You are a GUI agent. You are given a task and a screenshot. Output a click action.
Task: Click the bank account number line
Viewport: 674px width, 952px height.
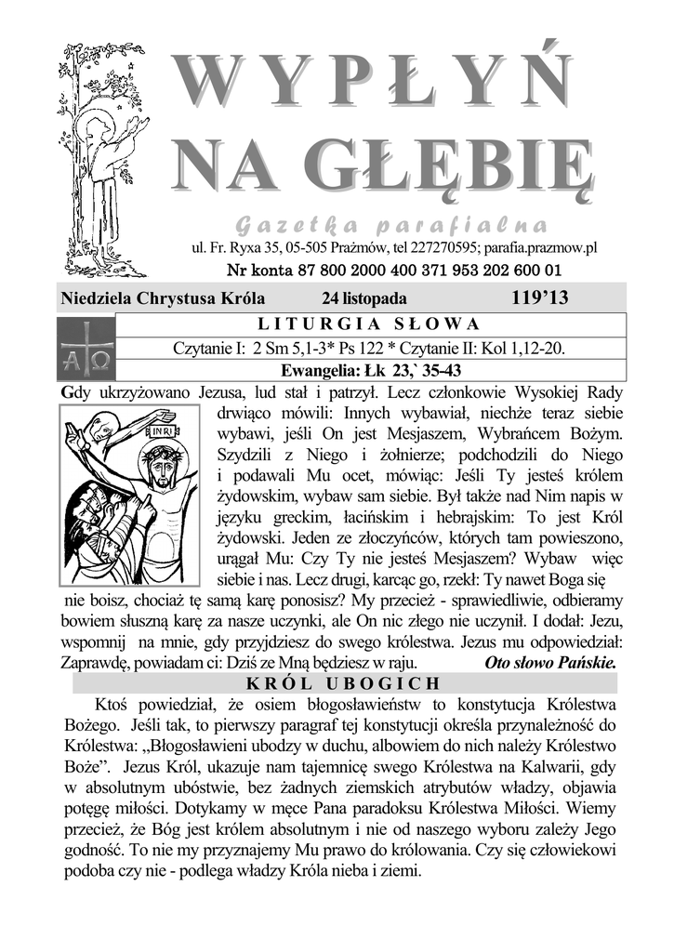tap(394, 271)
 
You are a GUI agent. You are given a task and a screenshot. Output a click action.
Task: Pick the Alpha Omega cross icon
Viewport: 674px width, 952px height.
tap(86, 346)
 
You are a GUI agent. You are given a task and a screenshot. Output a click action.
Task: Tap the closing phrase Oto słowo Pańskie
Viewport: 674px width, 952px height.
tap(549, 663)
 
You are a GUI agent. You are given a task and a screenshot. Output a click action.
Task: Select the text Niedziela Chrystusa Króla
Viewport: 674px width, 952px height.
tap(162, 298)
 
